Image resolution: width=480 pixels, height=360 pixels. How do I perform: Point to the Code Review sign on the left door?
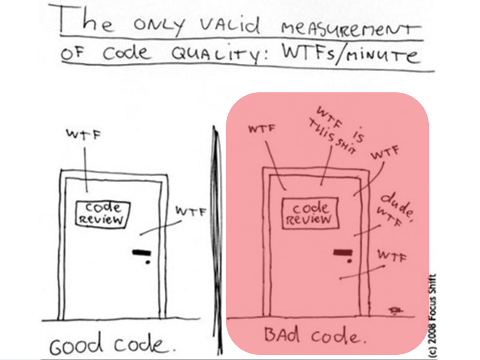click(103, 214)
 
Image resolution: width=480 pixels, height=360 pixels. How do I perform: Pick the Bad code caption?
click(313, 336)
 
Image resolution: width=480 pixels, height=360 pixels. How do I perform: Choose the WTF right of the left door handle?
click(191, 211)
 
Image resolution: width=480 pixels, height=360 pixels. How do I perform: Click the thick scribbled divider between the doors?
click(216, 225)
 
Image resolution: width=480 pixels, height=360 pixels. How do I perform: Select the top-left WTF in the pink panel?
click(262, 128)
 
